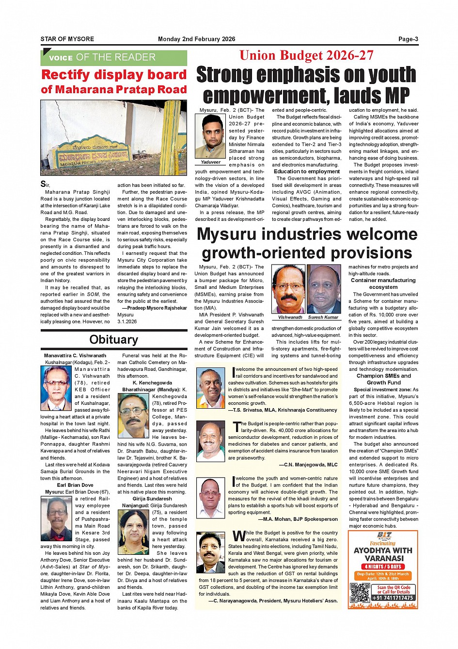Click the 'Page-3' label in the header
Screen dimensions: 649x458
click(408, 39)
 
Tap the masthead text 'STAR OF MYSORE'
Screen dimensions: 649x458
click(67, 39)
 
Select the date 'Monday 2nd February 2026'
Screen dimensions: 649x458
click(196, 39)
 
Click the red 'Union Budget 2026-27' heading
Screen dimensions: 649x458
click(306, 55)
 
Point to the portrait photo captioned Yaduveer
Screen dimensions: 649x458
click(210, 137)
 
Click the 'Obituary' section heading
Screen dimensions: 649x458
click(114, 340)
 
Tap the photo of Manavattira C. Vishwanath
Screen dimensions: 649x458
click(56, 388)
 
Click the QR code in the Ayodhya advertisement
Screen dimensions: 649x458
click(360, 593)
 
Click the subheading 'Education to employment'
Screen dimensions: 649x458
click(307, 171)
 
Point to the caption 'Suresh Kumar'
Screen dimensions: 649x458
click(323, 317)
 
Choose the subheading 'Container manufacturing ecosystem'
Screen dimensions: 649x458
click(383, 283)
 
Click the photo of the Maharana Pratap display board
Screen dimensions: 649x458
click(114, 138)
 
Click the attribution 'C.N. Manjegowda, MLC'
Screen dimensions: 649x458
click(308, 465)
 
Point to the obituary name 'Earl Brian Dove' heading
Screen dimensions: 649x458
click(75, 485)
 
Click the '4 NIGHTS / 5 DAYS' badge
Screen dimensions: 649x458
click(383, 566)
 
